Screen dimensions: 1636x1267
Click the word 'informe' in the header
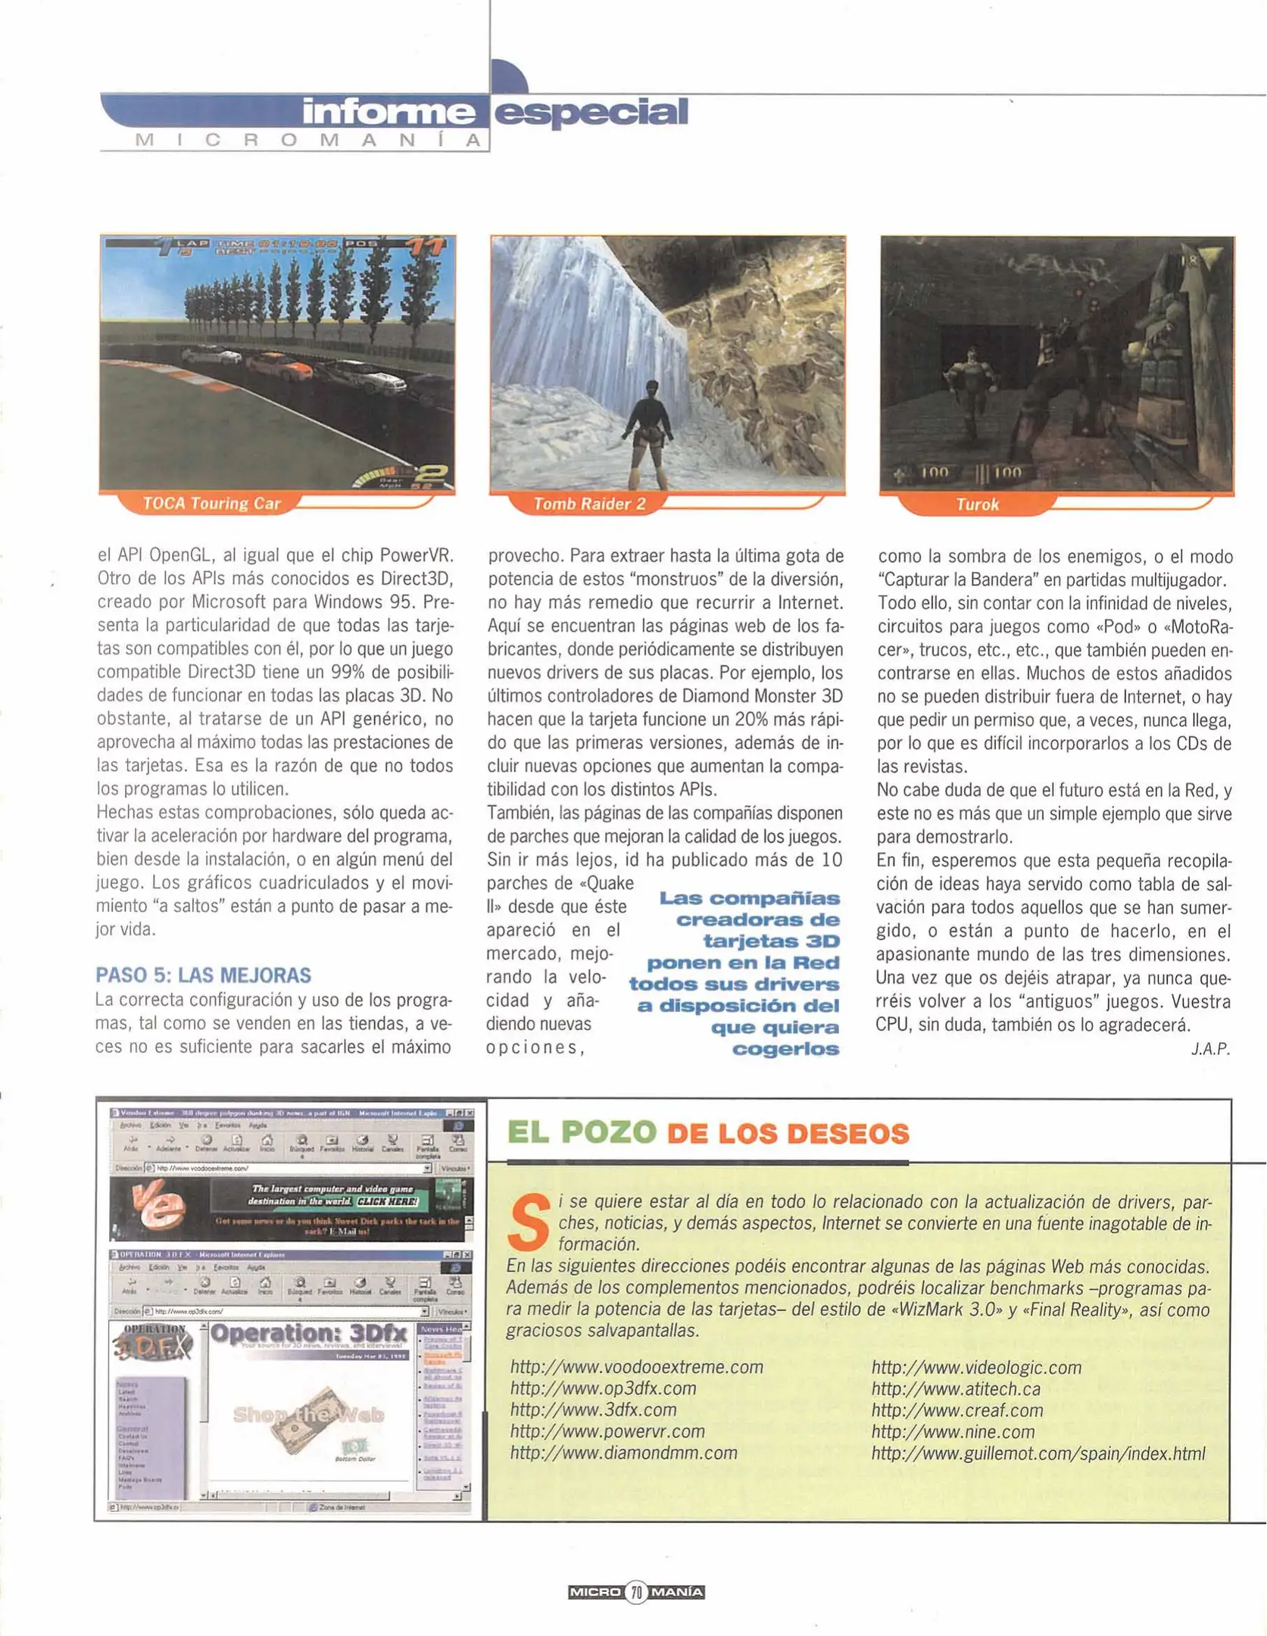tap(389, 111)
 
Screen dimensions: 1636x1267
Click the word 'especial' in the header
tap(591, 111)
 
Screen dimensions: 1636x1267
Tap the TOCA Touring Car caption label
tap(211, 504)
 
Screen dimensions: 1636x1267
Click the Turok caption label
tap(977, 504)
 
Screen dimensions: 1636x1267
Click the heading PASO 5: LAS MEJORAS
tap(203, 976)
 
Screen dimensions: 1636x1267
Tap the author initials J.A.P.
tap(1210, 1049)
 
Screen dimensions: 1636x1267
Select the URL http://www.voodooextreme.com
tap(636, 1366)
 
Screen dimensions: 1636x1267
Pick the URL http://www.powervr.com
tap(607, 1431)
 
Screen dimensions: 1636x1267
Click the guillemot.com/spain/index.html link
tap(1038, 1453)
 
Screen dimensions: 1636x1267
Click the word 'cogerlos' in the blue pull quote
tap(785, 1049)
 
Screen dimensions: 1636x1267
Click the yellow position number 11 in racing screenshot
tap(426, 248)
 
